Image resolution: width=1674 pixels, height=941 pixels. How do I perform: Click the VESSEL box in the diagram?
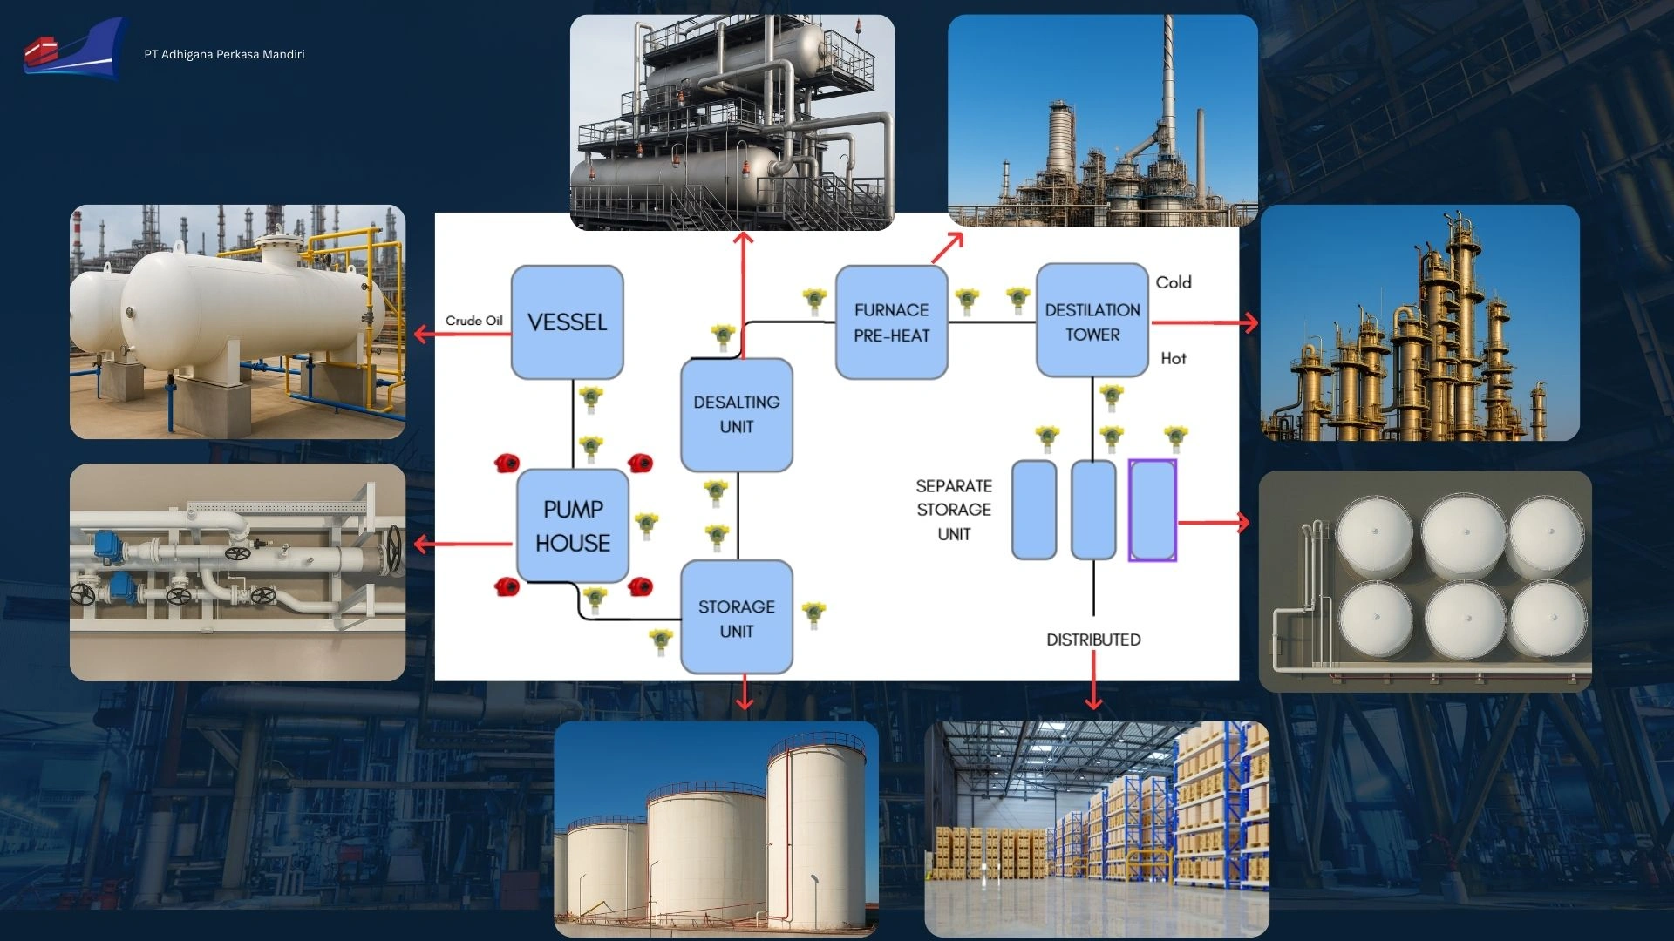tap(567, 322)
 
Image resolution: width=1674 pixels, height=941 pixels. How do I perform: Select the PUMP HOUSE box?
tap(573, 525)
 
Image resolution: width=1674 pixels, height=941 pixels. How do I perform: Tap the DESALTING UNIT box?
tap(737, 415)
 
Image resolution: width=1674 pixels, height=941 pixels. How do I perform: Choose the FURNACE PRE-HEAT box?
tap(891, 322)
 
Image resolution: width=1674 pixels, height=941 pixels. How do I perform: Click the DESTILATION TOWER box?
tap(1092, 322)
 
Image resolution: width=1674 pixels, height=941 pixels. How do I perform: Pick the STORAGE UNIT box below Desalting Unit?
tap(737, 618)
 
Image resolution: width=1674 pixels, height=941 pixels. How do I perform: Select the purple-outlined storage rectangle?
tap(1153, 511)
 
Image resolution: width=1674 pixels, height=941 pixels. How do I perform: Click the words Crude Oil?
tap(473, 321)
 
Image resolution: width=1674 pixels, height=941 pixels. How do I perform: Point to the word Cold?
tap(1174, 282)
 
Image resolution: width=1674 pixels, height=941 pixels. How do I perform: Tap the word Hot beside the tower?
tap(1174, 358)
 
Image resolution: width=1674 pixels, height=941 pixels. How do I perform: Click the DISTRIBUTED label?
tap(1093, 640)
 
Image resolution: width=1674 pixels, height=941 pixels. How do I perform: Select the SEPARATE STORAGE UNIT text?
tap(954, 510)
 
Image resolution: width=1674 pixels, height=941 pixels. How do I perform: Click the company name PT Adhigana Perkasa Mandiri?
tap(224, 54)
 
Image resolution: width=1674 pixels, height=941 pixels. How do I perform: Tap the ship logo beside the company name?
tap(73, 51)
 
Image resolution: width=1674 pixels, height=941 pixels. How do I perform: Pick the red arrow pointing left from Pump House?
tap(462, 545)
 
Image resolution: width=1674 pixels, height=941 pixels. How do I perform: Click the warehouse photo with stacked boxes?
tap(1097, 829)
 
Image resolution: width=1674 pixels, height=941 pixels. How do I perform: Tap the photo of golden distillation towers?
tap(1419, 323)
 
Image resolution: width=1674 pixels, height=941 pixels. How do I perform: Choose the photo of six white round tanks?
tap(1425, 581)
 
